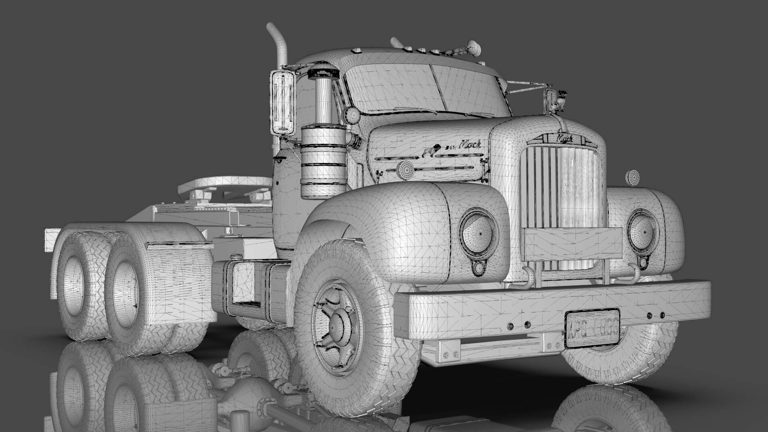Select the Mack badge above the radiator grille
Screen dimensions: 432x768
click(564, 139)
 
